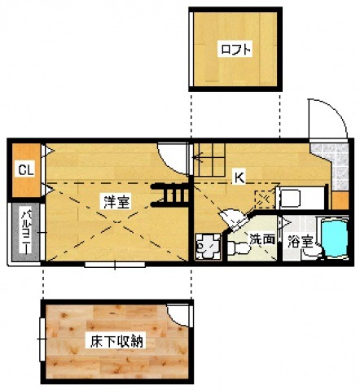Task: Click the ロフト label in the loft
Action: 235,49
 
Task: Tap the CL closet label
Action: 26,170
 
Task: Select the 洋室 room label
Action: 116,201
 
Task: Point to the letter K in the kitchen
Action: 239,176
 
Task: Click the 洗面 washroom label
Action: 261,240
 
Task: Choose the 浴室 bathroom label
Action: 300,241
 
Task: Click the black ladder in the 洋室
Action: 174,195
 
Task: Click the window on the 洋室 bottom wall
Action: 114,265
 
